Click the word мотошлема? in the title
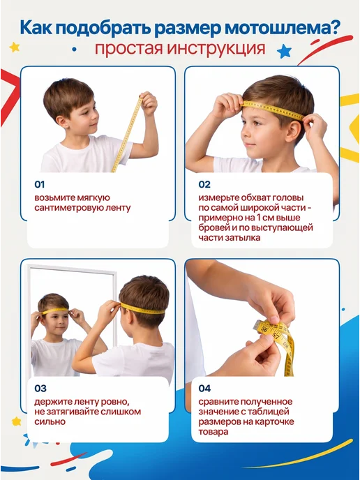click(x=283, y=28)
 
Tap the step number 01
click(x=40, y=185)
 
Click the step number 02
click(x=204, y=185)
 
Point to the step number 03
click(x=40, y=389)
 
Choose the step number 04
click(x=204, y=389)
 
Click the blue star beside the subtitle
click(x=285, y=51)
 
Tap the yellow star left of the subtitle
click(x=15, y=47)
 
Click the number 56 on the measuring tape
click(x=264, y=329)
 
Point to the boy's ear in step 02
click(x=292, y=130)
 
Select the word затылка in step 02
click(x=243, y=238)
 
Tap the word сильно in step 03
click(x=50, y=422)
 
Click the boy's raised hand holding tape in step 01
click(x=149, y=103)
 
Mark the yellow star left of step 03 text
click(x=16, y=421)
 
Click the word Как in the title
click(x=36, y=28)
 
